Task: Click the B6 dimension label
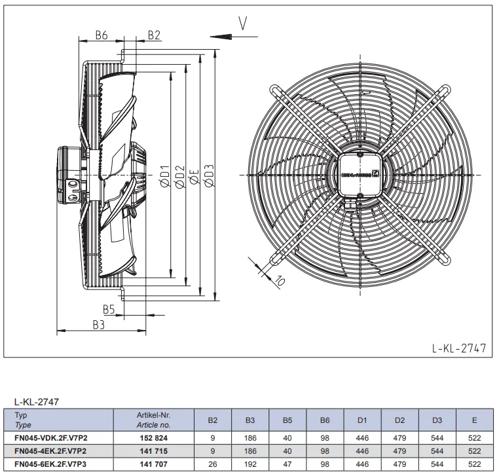[x=102, y=35]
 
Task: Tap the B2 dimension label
[x=154, y=35]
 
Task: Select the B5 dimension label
[x=109, y=309]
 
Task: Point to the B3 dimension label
[x=99, y=325]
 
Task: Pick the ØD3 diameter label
[x=209, y=175]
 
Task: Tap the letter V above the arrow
[x=242, y=23]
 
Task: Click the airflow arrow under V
[x=234, y=37]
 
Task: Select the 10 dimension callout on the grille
[x=280, y=281]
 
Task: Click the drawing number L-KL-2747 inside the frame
[x=459, y=348]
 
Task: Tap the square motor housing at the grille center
[x=360, y=175]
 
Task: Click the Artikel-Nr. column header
[x=153, y=415]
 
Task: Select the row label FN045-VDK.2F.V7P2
[x=51, y=438]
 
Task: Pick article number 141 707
[x=153, y=464]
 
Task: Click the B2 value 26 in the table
[x=213, y=464]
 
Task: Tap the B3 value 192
[x=250, y=464]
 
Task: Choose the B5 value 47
[x=287, y=464]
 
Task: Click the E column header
[x=475, y=420]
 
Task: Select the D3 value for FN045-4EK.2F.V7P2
[x=437, y=451]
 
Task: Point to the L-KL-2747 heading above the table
[x=37, y=402]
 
